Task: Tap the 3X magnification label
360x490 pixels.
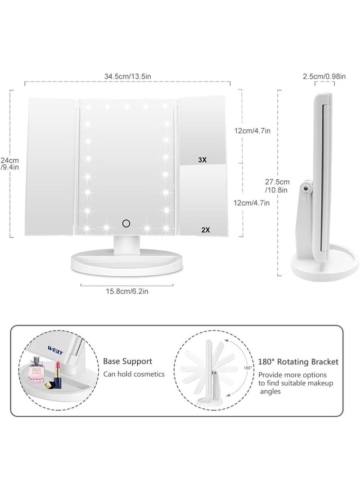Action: (202, 160)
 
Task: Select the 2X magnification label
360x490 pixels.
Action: (206, 229)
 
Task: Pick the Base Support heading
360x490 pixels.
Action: (128, 361)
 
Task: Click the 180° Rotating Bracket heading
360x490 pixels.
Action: (298, 361)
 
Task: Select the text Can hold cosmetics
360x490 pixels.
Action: (134, 374)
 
